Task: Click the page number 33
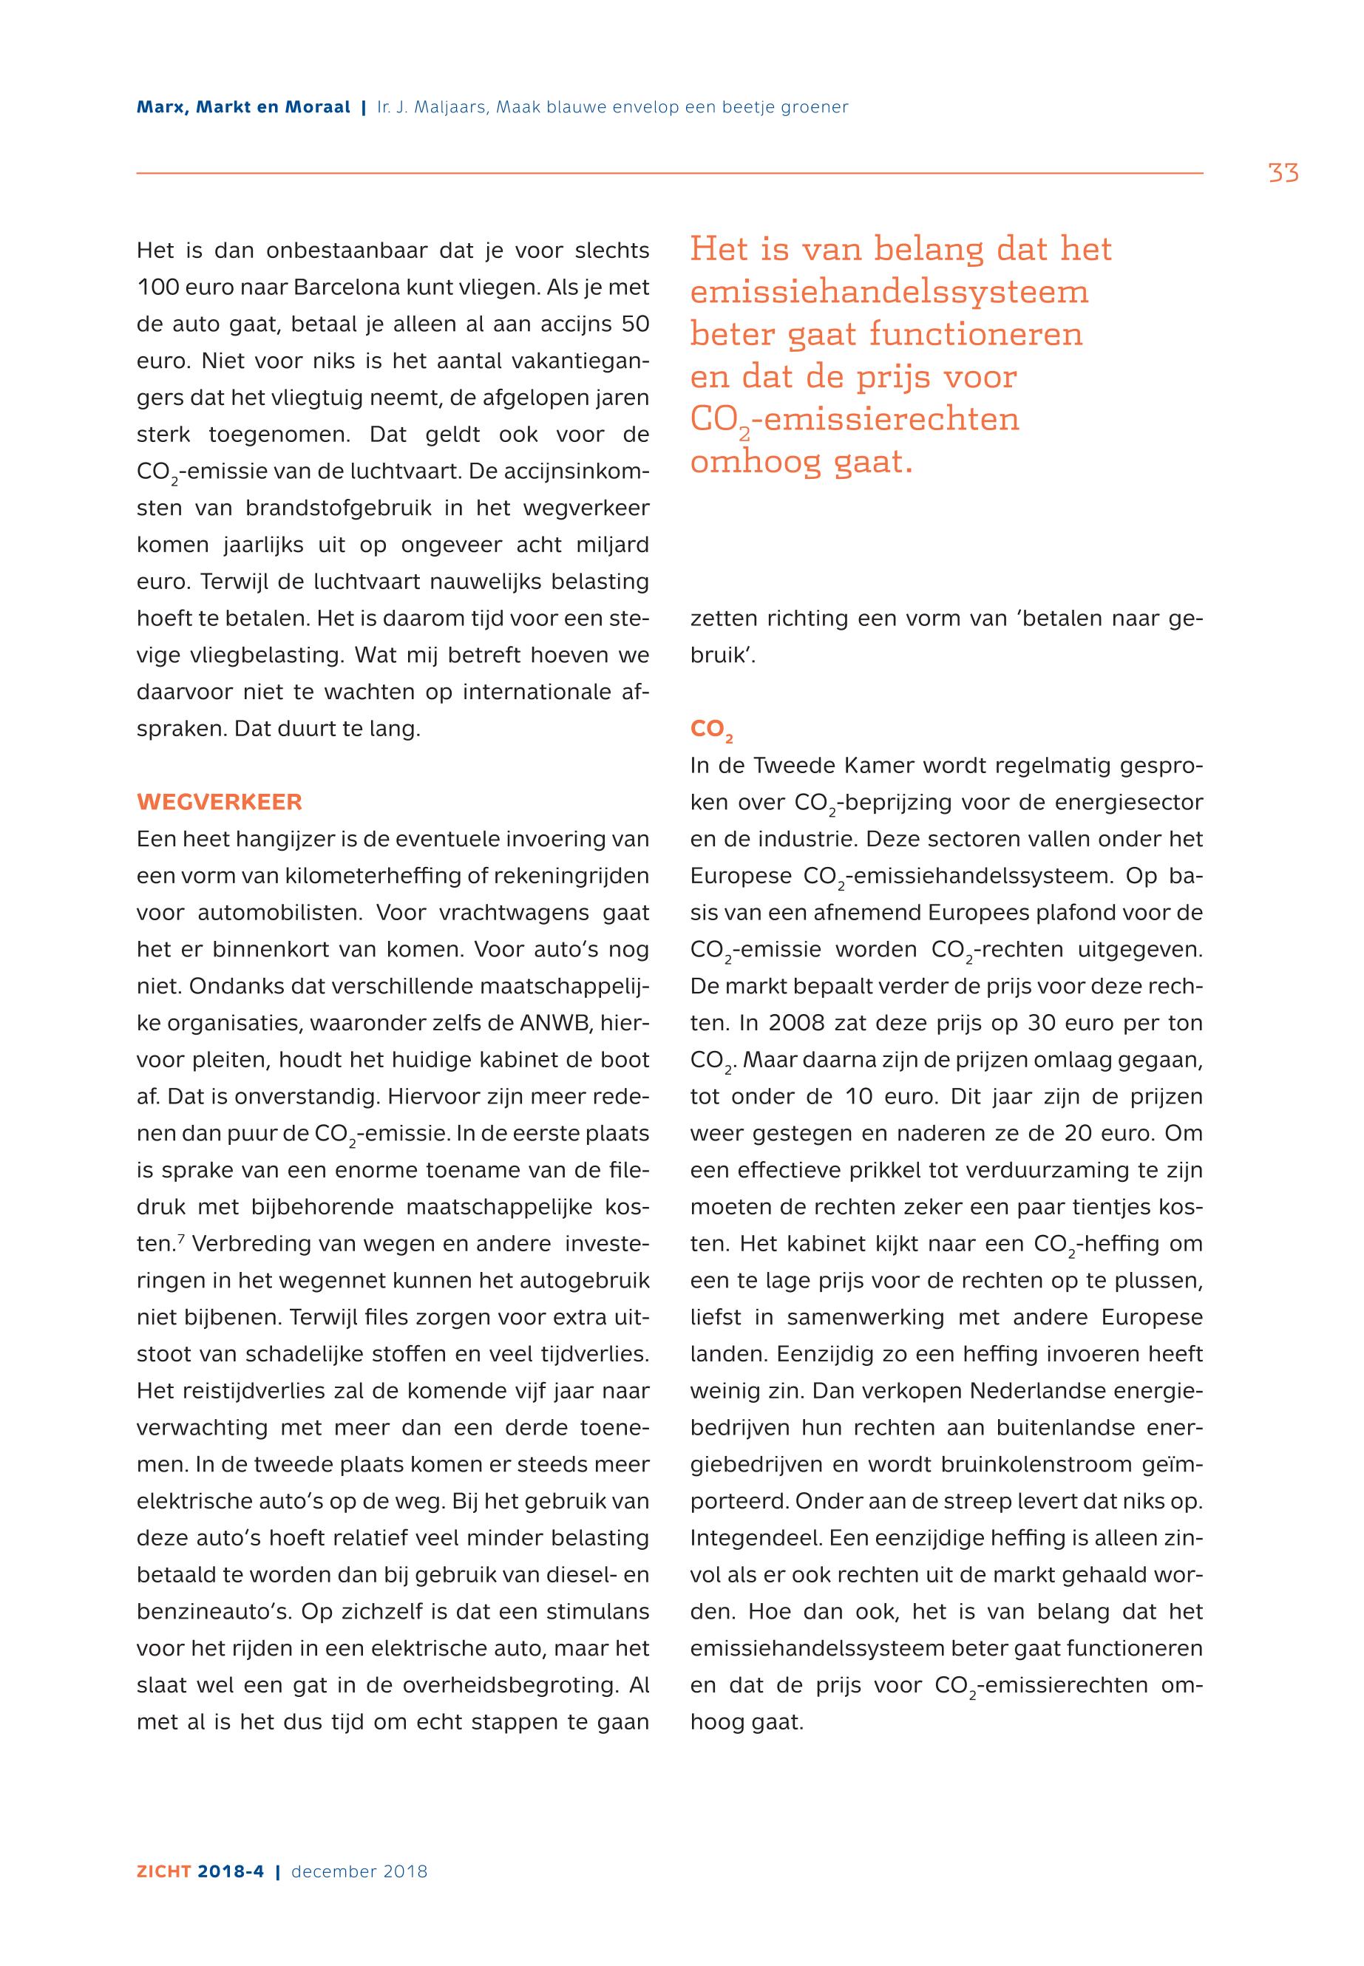coord(1283,174)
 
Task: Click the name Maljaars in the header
coord(443,108)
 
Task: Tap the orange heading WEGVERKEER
coord(219,803)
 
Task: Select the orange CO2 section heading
coord(711,729)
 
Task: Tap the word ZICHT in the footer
coord(164,1872)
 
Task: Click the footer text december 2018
coord(359,1872)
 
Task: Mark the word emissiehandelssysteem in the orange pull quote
coord(889,292)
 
